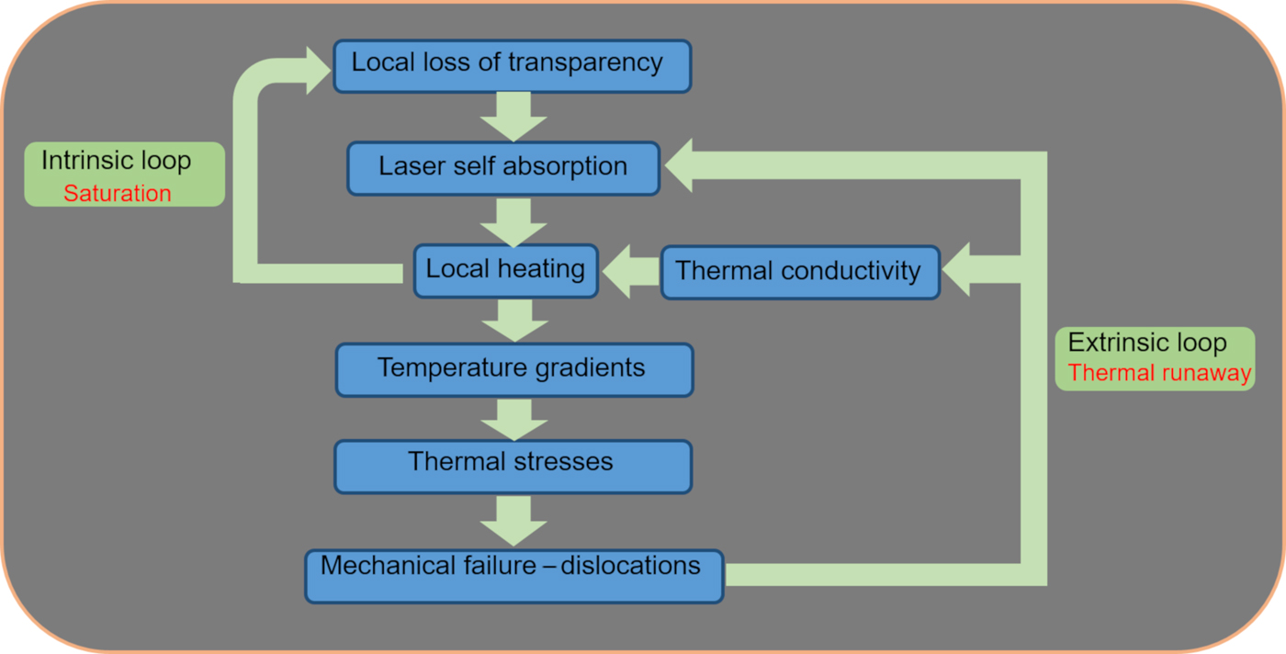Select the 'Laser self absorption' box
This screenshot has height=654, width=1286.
(502, 168)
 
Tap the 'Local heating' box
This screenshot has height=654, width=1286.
(505, 271)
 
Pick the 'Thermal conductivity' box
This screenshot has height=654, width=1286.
(799, 272)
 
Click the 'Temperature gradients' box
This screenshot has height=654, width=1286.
(513, 370)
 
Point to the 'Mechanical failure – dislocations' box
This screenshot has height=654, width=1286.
(513, 576)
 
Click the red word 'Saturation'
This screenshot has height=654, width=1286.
(117, 194)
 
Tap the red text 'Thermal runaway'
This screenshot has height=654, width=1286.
(1159, 373)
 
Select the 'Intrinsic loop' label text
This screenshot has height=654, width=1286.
(117, 161)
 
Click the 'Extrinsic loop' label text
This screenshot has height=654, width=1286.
(1146, 344)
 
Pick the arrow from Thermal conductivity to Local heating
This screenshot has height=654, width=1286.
(630, 272)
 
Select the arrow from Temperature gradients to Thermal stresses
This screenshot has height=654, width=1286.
(513, 419)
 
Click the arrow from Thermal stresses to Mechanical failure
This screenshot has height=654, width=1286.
(513, 520)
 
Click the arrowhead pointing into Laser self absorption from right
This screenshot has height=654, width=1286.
(682, 166)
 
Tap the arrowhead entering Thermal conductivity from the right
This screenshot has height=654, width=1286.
(957, 270)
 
